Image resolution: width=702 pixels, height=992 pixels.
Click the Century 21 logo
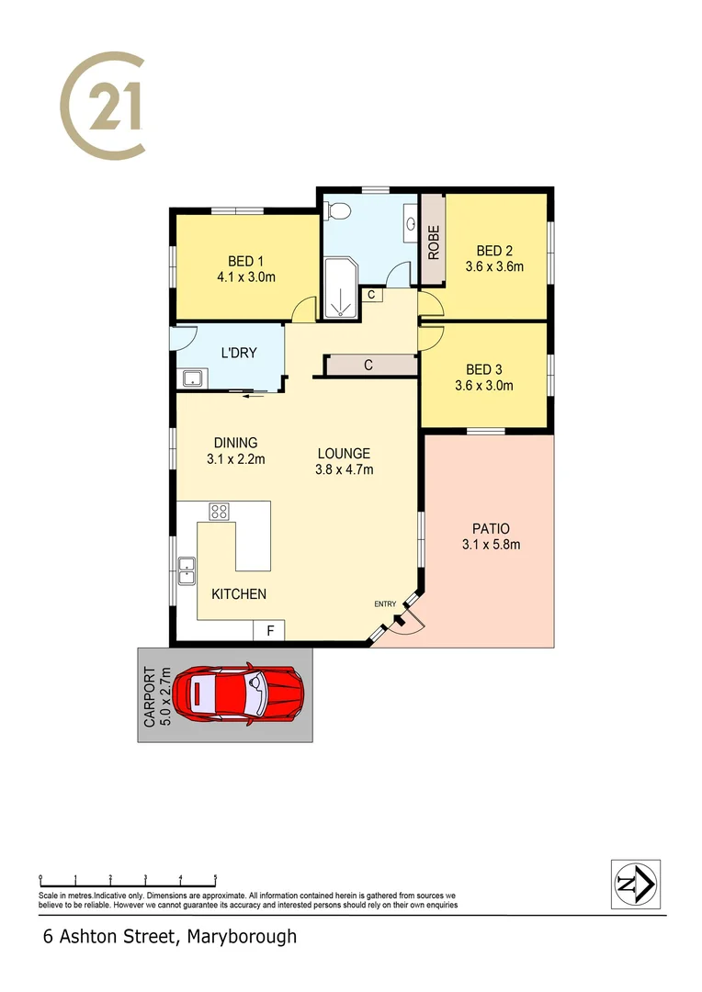tap(103, 104)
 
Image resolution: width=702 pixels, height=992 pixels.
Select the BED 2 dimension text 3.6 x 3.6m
tap(494, 267)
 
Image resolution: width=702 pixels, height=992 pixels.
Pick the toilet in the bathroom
tap(338, 211)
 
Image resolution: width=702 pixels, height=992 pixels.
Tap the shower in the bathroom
tap(341, 287)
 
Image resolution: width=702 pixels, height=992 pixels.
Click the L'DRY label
tap(239, 353)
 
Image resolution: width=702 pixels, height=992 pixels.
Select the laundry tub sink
tap(194, 378)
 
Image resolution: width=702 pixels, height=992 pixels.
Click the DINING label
tap(236, 442)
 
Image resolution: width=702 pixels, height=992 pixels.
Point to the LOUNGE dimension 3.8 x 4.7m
tap(345, 469)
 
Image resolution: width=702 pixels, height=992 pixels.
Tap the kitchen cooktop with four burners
tap(219, 511)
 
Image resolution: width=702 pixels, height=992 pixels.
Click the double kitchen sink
tap(187, 570)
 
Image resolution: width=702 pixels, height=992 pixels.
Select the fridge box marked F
tap(269, 631)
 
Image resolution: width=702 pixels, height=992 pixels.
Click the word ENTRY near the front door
tap(385, 603)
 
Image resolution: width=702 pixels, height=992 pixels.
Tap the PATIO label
tap(491, 528)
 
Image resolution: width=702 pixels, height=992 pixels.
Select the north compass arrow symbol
tap(635, 884)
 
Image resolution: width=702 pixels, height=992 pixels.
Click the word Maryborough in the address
tap(242, 937)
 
